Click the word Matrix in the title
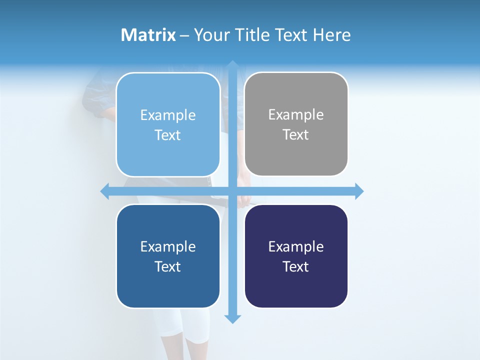[x=148, y=35]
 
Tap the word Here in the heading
[x=331, y=35]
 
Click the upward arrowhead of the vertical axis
[x=232, y=65]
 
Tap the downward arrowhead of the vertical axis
[x=232, y=318]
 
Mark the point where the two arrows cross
[x=232, y=191]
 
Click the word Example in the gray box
[x=296, y=114]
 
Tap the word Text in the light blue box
[x=168, y=135]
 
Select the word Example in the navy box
[x=296, y=246]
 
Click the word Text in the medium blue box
[x=168, y=266]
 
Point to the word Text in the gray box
[x=296, y=134]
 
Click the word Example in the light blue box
[x=168, y=115]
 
